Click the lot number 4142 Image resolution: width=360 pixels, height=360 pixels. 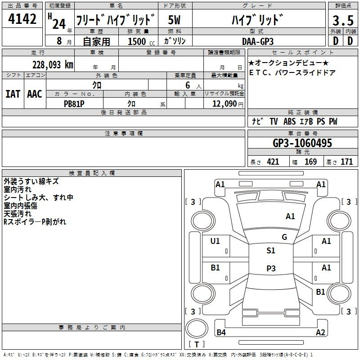22,19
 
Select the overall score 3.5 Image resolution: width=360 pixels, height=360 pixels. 343,20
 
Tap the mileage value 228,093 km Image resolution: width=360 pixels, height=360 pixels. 53,65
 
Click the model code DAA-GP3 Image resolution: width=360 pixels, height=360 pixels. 258,41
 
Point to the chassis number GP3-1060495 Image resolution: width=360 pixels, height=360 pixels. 302,143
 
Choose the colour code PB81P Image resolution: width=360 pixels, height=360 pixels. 74,104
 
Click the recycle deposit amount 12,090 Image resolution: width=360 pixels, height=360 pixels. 224,104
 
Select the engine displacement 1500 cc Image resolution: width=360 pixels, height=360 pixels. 141,41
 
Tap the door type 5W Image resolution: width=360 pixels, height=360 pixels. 174,20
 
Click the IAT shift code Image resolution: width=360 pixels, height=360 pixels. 13,94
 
